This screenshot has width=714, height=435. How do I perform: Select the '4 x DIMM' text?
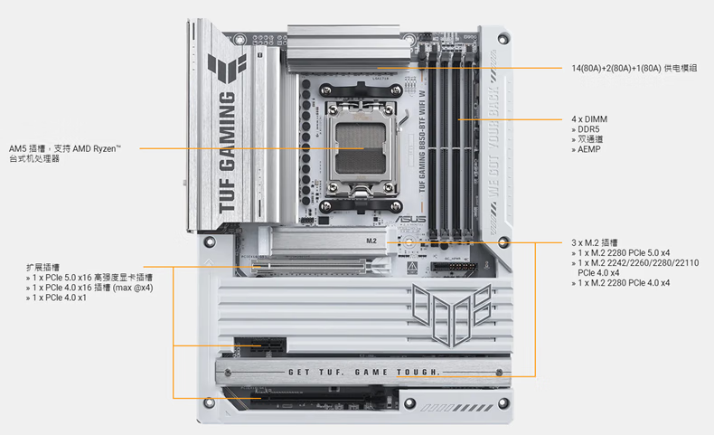tap(589, 119)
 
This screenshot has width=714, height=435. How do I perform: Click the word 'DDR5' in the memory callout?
tap(588, 129)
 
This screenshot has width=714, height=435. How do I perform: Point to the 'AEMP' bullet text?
tap(588, 149)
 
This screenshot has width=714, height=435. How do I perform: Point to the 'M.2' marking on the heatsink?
tap(371, 241)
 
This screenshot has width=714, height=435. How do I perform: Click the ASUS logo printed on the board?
tap(410, 219)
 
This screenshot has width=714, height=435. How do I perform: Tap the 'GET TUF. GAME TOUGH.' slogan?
tap(364, 372)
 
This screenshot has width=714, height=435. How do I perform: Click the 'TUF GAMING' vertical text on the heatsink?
tap(228, 153)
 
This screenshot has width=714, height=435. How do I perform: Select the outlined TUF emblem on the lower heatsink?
tap(452, 315)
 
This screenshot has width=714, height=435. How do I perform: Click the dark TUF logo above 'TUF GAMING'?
tap(227, 69)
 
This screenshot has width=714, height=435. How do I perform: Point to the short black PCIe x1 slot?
tap(260, 345)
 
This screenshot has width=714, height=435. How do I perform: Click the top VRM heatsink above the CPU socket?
tap(343, 49)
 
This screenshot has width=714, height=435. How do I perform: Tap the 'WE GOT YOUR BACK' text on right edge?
tap(494, 142)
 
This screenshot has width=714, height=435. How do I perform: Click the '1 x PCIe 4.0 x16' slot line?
tap(92, 288)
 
